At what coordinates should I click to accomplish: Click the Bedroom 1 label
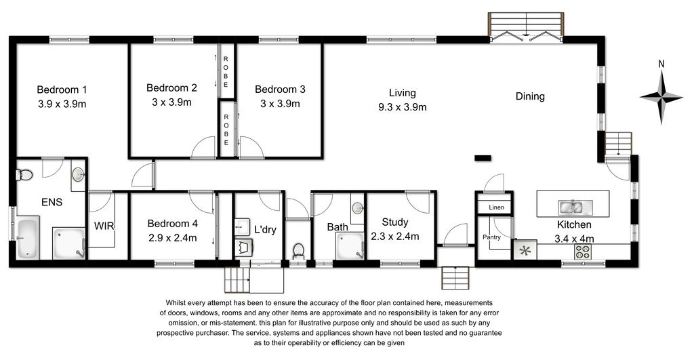click(x=62, y=90)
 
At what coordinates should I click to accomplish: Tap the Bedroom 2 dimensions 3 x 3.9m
click(x=171, y=102)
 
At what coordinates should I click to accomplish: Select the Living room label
click(x=403, y=93)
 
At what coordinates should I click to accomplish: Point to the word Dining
click(x=530, y=96)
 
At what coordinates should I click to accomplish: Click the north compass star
click(x=661, y=96)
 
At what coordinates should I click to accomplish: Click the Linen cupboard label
click(x=497, y=207)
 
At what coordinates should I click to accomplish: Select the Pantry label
click(x=492, y=237)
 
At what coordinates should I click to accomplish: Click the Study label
click(x=395, y=222)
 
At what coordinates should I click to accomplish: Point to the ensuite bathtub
click(x=28, y=238)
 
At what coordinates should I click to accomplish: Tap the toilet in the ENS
click(x=24, y=176)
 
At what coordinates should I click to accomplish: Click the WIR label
click(x=104, y=226)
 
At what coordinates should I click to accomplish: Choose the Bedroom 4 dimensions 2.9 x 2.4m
click(x=173, y=238)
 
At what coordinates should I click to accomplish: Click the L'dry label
click(x=265, y=229)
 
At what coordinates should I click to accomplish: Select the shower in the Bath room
click(x=350, y=247)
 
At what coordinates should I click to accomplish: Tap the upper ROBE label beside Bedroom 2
click(x=226, y=72)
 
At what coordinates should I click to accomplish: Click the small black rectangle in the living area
click(x=483, y=158)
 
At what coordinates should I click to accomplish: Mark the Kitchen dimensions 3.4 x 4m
click(x=575, y=239)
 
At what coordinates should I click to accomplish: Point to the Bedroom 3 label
click(x=280, y=89)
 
